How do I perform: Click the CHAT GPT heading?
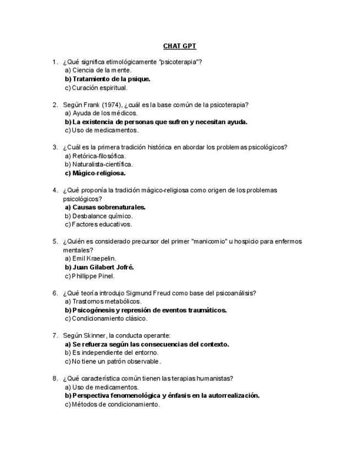179,46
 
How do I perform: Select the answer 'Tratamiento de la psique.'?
108,79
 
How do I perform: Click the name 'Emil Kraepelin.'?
95,258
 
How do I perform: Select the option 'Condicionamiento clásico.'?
107,318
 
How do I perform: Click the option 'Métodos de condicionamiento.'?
115,404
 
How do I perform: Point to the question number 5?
55,241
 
